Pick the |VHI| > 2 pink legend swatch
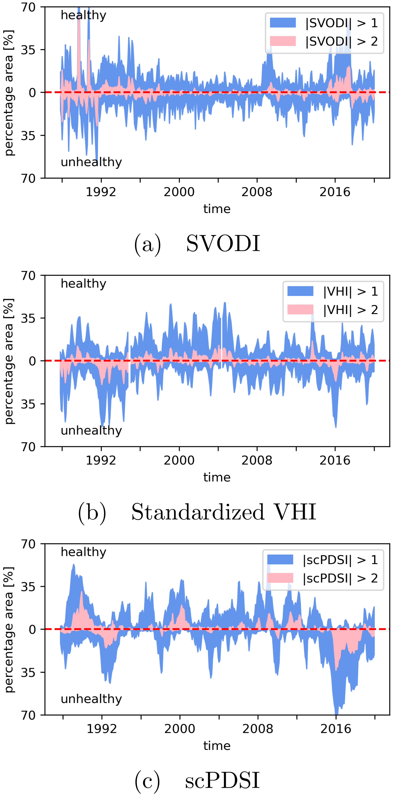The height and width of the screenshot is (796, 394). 300,310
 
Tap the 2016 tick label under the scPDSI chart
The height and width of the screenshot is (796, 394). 336,729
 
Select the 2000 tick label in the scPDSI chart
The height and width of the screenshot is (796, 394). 180,729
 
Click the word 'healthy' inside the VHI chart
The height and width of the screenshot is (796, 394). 83,283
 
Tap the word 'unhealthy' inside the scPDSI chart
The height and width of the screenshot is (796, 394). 91,699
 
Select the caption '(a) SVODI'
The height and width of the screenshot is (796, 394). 197,244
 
